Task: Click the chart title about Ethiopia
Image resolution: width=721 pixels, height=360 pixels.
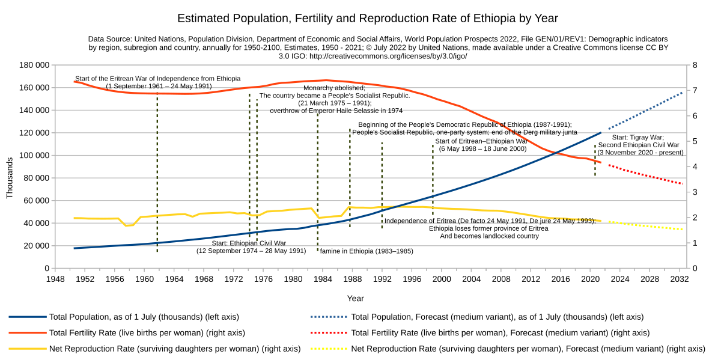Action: click(360, 19)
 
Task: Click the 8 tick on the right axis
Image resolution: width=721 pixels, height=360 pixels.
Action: click(695, 65)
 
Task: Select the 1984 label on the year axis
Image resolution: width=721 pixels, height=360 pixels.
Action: click(323, 279)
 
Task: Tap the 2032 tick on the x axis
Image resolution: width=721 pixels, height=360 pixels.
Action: click(680, 279)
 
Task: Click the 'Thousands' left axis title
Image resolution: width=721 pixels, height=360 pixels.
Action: click(10, 178)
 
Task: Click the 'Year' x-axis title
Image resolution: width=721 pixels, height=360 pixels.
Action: click(355, 298)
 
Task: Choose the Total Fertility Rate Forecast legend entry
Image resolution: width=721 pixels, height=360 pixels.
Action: click(500, 332)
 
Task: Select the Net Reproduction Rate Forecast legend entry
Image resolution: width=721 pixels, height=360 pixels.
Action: click(528, 349)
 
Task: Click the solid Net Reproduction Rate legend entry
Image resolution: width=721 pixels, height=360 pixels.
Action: click(174, 349)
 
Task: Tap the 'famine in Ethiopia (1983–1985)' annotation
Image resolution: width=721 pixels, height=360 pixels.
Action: click(366, 251)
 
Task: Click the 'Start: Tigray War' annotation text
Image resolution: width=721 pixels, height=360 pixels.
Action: click(637, 137)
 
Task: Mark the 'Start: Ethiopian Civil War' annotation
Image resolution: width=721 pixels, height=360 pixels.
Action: click(249, 243)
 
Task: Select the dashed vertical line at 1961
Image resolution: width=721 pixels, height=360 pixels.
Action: click(157, 180)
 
